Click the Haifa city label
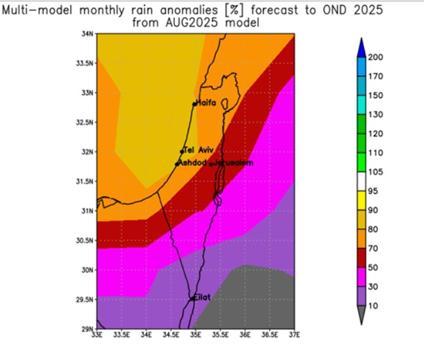(207, 102)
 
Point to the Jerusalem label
(233, 162)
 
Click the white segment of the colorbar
(361, 181)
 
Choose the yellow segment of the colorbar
(361, 200)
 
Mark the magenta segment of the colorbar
(361, 277)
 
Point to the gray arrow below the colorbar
(361, 316)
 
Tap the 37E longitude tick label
(294, 335)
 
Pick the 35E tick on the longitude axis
(195, 335)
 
